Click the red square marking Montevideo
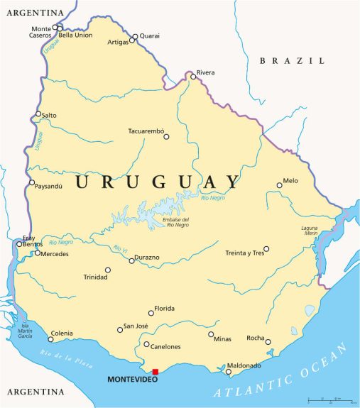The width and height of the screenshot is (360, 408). tap(156, 371)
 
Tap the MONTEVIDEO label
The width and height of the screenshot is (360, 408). tap(129, 380)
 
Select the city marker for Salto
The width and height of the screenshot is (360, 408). tap(38, 114)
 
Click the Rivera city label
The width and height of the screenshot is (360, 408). tap(205, 72)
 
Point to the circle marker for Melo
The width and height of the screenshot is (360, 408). tap(279, 185)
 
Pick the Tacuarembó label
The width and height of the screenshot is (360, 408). tap(146, 131)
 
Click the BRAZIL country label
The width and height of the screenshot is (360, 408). tap(291, 61)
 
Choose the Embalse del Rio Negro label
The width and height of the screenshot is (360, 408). tap(175, 224)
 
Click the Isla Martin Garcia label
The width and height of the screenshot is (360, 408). tap(25, 330)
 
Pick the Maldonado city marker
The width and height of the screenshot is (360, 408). tap(229, 371)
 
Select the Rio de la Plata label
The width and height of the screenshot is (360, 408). tap(67, 354)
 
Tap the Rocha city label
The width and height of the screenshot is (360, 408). tap(255, 338)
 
